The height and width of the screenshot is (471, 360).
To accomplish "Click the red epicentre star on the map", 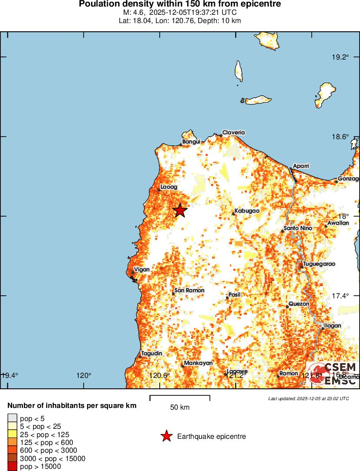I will pos(180,210).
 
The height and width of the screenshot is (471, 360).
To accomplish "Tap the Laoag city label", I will pos(169,187).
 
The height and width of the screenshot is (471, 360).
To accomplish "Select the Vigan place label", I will pos(142,270).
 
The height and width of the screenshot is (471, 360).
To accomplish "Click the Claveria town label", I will pos(233,132).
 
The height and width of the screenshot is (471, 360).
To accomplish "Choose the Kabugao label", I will pos(247,211).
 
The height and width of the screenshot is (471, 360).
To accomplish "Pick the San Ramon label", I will pos(189,291).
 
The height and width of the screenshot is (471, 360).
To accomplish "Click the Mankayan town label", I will pos(198,363).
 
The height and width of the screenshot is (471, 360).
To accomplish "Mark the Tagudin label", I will pos(151,354).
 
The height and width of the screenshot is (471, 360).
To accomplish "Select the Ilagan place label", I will pos(333,325).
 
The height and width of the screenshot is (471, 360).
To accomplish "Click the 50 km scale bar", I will pos(180,398).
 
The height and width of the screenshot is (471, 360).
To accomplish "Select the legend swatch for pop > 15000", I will pos(12,467).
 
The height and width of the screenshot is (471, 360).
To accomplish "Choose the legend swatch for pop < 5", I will pos(12,418).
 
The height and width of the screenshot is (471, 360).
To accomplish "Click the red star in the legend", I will pos(166,436).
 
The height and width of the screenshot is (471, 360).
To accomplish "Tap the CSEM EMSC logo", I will pos(333,373).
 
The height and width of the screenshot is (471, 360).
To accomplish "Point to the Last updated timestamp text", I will pos(309,398).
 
